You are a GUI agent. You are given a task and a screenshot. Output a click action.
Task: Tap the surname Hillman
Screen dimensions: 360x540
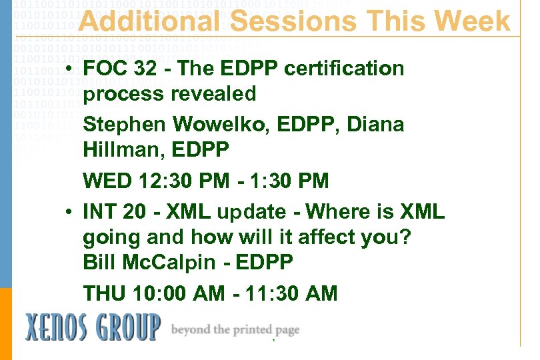pos(123,151)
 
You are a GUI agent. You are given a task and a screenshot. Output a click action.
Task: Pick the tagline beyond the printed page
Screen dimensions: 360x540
pos(235,330)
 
